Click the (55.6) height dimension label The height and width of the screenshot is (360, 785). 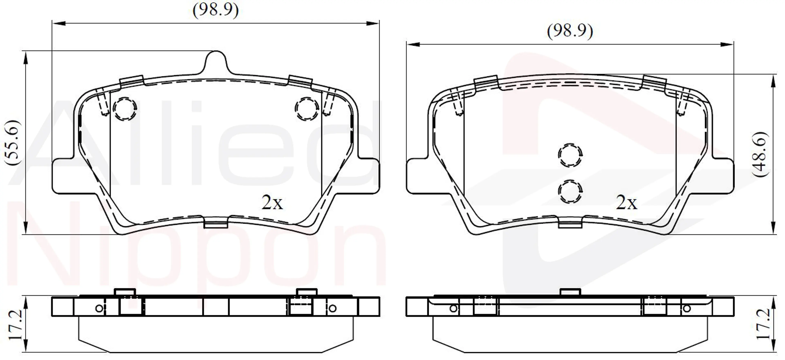(x=13, y=143)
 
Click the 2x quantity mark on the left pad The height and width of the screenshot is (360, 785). (x=272, y=202)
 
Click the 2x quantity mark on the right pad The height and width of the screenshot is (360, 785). (x=627, y=202)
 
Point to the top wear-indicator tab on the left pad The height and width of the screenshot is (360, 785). (x=216, y=63)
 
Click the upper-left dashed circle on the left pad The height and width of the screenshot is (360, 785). (x=125, y=109)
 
